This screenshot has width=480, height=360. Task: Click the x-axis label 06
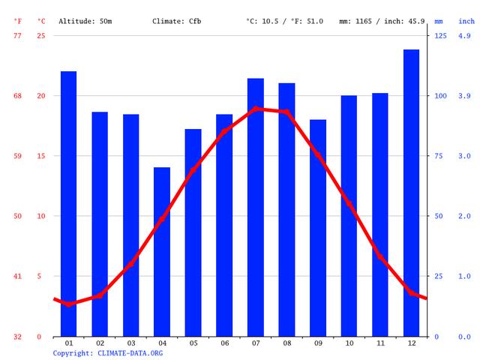(x=224, y=343)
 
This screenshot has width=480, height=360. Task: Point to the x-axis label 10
(x=349, y=343)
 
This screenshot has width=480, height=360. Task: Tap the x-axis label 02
(x=100, y=343)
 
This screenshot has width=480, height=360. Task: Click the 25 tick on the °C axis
(x=41, y=36)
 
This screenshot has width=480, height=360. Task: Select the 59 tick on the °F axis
(x=18, y=156)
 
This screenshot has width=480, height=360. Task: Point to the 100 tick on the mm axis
(x=440, y=96)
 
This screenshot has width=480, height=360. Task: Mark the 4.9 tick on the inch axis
(x=464, y=36)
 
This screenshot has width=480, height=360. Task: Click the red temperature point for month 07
(x=256, y=108)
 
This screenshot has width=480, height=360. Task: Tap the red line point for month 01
(x=68, y=304)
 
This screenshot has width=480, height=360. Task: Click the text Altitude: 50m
(x=85, y=21)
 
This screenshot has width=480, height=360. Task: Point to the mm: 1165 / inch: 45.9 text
(x=382, y=21)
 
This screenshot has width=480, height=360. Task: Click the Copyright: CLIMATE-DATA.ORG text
(x=107, y=352)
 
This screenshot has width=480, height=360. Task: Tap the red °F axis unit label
(x=18, y=21)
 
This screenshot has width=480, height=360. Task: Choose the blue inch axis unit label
(x=466, y=21)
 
